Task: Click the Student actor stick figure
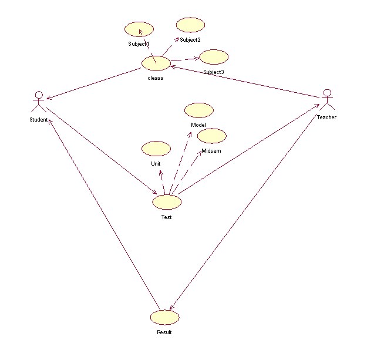pyautogui.click(x=39, y=102)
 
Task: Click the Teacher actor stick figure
pyautogui.click(x=327, y=100)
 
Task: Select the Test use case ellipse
pyautogui.click(x=167, y=202)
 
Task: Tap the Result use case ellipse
pyautogui.click(x=164, y=317)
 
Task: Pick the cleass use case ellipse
pyautogui.click(x=156, y=63)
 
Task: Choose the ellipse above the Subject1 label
pyautogui.click(x=139, y=29)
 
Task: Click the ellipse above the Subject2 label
pyautogui.click(x=190, y=25)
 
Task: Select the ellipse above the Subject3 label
pyautogui.click(x=214, y=57)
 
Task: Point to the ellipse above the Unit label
pyautogui.click(x=156, y=148)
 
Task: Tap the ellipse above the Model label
pyautogui.click(x=199, y=110)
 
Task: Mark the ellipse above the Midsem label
pyautogui.click(x=211, y=136)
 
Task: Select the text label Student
pyautogui.click(x=38, y=120)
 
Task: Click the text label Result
pyautogui.click(x=164, y=333)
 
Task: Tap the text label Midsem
pyautogui.click(x=211, y=151)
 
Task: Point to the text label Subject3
pyautogui.click(x=214, y=72)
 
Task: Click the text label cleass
pyautogui.click(x=156, y=78)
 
